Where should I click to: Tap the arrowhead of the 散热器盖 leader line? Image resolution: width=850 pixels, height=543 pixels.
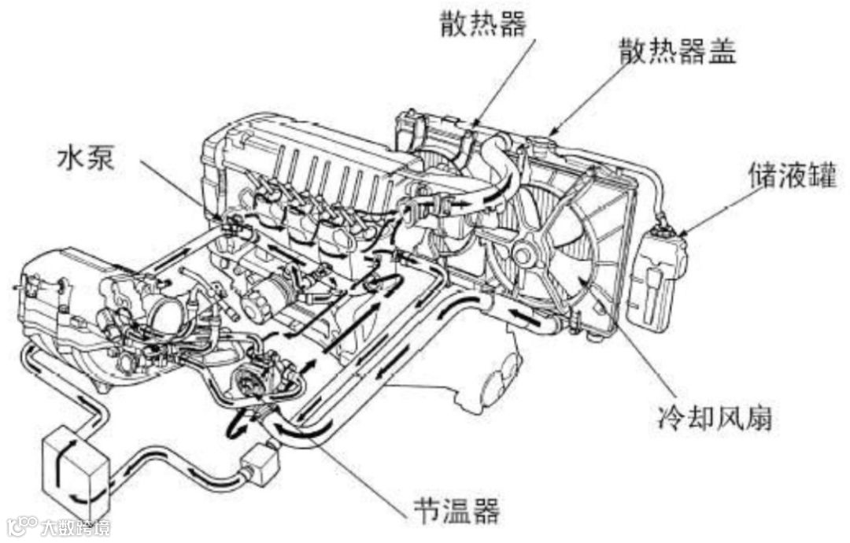pyautogui.click(x=551, y=133)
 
